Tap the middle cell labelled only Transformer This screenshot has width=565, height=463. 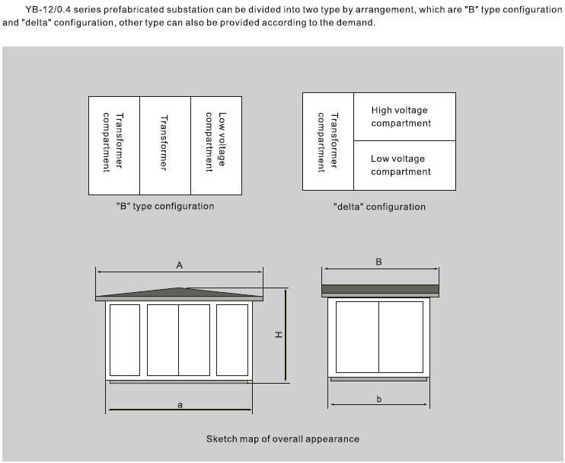pos(164,143)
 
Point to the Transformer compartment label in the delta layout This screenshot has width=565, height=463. pos(327,142)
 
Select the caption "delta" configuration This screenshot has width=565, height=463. pos(379,207)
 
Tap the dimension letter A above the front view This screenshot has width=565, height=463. pos(180,265)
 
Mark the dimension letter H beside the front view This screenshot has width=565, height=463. pos(279,335)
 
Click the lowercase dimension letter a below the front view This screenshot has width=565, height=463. pos(180,405)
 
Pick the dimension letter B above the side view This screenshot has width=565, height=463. pos(379,262)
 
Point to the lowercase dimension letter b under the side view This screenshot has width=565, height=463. pos(379,399)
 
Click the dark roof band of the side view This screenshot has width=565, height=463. pos(380,289)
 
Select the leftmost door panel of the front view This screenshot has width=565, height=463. pos(125,339)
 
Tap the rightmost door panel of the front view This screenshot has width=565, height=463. pos(232,339)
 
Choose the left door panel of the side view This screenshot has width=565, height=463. pos(358,336)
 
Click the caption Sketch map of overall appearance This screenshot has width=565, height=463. pos(282,439)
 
